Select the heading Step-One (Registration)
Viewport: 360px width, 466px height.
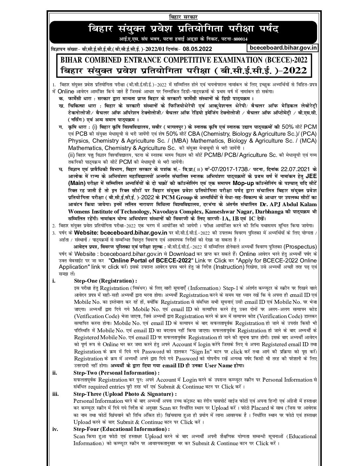(105, 281)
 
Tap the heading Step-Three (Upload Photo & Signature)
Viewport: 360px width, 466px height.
(125, 394)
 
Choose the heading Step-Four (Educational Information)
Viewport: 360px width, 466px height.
(121, 429)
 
